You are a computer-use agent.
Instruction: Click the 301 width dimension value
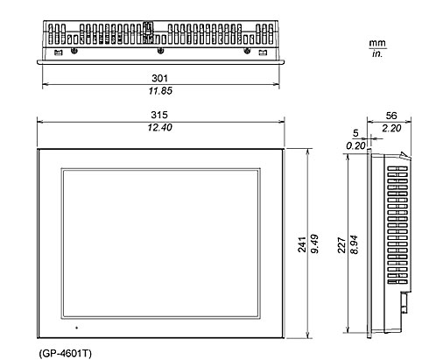point(160,78)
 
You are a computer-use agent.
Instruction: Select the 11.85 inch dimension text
point(160,91)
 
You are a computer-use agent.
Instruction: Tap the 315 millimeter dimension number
point(159,115)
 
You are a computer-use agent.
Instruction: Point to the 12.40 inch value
point(160,127)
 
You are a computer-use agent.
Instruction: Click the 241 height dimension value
point(302,244)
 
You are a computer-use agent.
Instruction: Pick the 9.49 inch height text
point(314,244)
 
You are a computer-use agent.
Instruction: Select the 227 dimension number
point(341,245)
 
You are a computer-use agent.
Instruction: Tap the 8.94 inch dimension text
point(354,244)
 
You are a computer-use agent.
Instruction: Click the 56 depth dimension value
point(391,116)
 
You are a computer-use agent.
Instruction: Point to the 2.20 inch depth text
point(391,128)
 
